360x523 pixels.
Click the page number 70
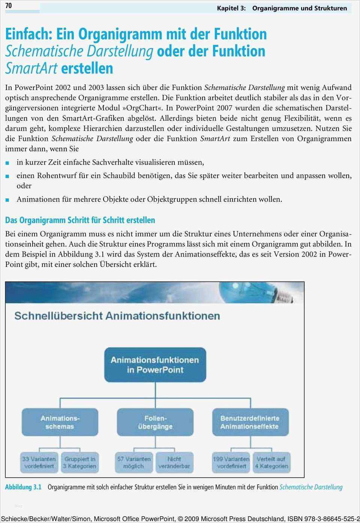click(x=8, y=5)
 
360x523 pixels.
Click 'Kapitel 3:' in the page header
click(x=231, y=8)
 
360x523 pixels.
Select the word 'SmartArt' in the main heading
click(x=31, y=68)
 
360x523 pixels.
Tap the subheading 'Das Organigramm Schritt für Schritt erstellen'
click(x=80, y=220)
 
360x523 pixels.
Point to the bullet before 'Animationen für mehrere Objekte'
click(x=7, y=200)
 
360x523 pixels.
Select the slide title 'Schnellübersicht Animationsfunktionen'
click(x=117, y=316)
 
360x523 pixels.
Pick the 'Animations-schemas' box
click(x=60, y=422)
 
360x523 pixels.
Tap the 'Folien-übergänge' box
click(x=155, y=422)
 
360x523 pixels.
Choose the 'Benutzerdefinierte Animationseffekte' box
click(x=250, y=422)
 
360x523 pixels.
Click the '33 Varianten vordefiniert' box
click(x=39, y=462)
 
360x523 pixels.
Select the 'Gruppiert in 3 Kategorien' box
click(x=79, y=462)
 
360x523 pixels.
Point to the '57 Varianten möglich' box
click(x=134, y=462)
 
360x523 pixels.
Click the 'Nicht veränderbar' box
click(x=174, y=462)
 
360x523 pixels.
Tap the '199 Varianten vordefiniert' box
click(x=231, y=462)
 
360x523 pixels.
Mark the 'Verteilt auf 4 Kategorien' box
click(x=271, y=462)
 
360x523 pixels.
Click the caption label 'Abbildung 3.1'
click(x=23, y=487)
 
